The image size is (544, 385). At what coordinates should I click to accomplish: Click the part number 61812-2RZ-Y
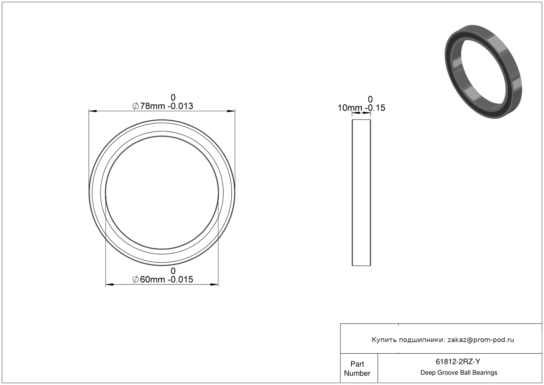(x=458, y=362)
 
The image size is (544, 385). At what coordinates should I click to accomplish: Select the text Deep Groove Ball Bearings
(x=459, y=373)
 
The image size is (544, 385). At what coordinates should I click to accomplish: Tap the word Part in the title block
(x=357, y=364)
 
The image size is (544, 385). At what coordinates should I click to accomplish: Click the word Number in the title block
(x=357, y=373)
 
